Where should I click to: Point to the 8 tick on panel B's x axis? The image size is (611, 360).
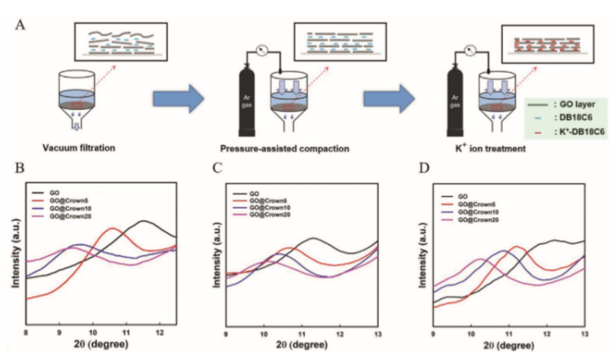[27, 332]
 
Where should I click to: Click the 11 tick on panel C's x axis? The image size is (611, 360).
[302, 333]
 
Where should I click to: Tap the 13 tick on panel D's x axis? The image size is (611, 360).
[584, 333]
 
